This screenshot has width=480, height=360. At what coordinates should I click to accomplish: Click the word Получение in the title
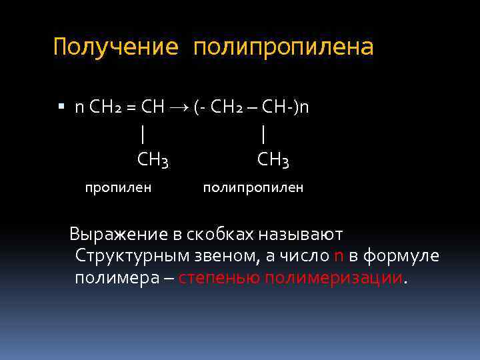(116, 48)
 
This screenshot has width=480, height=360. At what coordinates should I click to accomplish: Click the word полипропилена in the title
(284, 48)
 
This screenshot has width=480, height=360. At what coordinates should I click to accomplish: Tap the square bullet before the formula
(61, 107)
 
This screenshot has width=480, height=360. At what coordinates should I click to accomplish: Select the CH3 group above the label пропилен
(153, 160)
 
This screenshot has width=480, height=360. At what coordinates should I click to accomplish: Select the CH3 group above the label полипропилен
(273, 160)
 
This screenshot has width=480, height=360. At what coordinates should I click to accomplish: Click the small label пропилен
(118, 187)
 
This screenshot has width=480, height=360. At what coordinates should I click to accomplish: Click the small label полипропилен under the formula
(253, 187)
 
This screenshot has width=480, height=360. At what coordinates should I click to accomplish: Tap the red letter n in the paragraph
(339, 256)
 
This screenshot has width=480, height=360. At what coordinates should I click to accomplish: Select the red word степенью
(220, 277)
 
